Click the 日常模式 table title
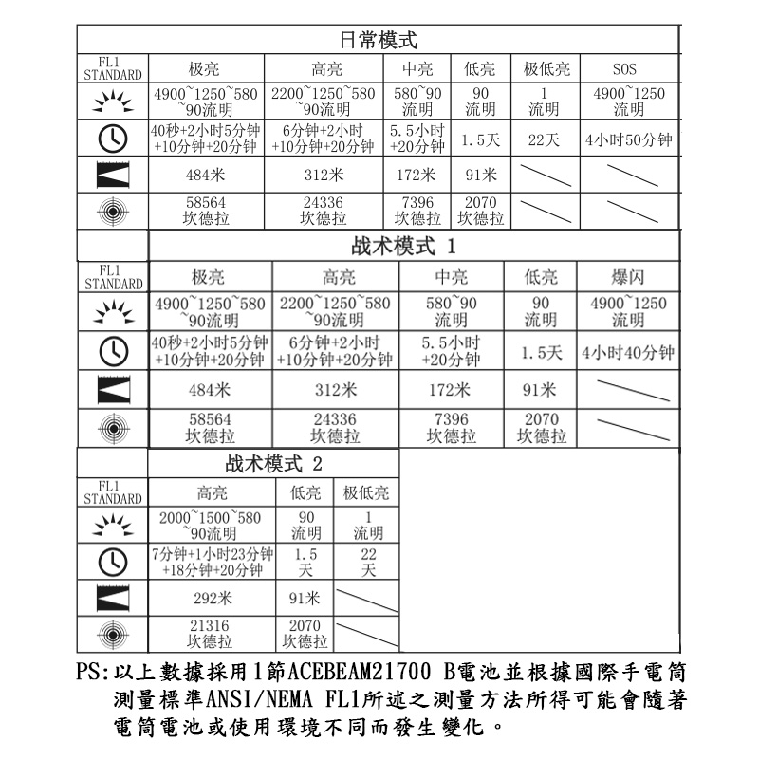click(x=378, y=41)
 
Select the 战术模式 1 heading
click(x=404, y=247)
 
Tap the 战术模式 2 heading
click(x=274, y=465)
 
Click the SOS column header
click(x=624, y=69)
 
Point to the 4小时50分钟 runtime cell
click(x=629, y=140)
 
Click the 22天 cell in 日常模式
click(x=545, y=140)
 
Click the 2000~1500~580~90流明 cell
click(x=212, y=525)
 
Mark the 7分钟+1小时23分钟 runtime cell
click(x=212, y=562)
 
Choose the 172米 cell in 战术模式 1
click(x=449, y=389)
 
